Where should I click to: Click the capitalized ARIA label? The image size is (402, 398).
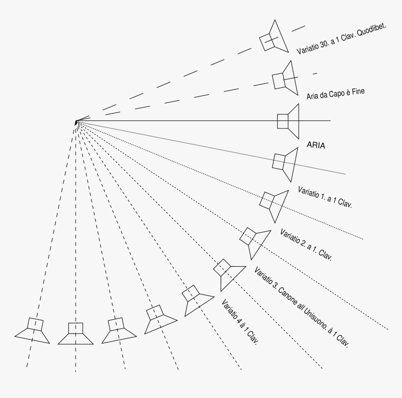(316, 145)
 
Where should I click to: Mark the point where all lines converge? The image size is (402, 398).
(76, 122)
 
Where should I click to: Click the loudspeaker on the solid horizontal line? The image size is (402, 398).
(287, 121)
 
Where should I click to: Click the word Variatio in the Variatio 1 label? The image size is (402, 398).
(309, 193)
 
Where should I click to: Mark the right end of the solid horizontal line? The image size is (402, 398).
(330, 121)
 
